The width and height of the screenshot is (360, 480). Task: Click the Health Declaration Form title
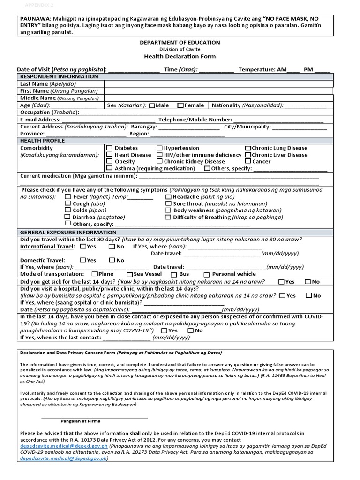click(x=180, y=56)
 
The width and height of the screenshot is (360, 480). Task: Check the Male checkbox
click(x=151, y=106)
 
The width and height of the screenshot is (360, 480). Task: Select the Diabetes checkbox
click(x=110, y=148)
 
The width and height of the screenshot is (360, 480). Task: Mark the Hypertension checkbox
click(x=159, y=148)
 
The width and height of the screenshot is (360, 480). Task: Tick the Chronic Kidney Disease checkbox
click(x=159, y=162)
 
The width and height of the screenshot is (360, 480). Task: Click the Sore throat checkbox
click(x=169, y=204)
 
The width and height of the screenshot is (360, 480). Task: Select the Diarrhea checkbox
click(x=68, y=217)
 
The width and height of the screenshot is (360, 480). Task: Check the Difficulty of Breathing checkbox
click(x=169, y=217)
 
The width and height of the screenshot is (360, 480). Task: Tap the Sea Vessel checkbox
click(x=129, y=274)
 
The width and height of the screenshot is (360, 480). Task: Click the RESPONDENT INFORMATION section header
click(x=59, y=77)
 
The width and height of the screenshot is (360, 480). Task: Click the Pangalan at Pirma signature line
click(x=95, y=417)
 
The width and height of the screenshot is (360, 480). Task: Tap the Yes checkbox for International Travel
click(x=83, y=246)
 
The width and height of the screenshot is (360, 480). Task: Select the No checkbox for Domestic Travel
click(x=112, y=260)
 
